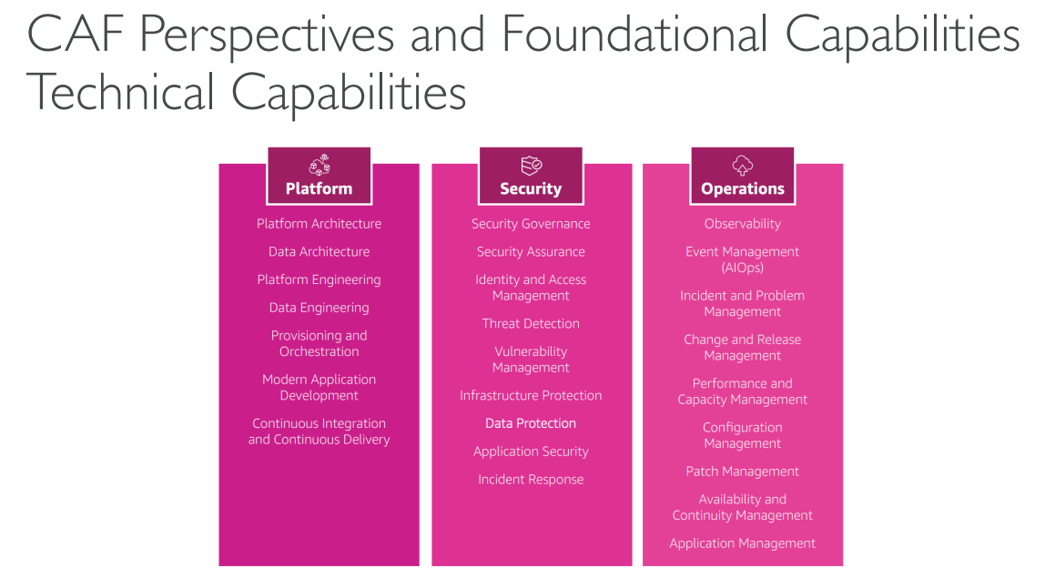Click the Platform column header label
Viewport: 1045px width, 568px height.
[x=319, y=189]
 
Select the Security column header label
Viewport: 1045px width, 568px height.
[x=531, y=189]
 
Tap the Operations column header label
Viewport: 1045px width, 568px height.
[x=743, y=189]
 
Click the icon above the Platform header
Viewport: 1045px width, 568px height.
[x=320, y=165]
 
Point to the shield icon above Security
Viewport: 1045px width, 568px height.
[x=532, y=165]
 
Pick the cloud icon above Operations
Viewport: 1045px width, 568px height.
[x=743, y=165]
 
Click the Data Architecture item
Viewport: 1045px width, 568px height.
[x=319, y=252]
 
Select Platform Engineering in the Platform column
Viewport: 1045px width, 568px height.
[x=319, y=280]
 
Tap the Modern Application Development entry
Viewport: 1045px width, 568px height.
[x=319, y=388]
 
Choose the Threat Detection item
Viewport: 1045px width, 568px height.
[x=531, y=324]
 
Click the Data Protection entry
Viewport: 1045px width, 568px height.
[x=531, y=424]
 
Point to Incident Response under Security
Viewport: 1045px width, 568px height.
[x=531, y=480]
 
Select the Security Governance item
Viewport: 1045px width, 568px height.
[x=531, y=224]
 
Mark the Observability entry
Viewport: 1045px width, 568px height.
[x=743, y=224]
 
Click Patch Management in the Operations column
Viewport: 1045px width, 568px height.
[x=743, y=472]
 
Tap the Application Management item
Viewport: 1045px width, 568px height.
[x=743, y=543]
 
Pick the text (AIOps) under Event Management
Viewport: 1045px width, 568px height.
[x=743, y=269]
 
